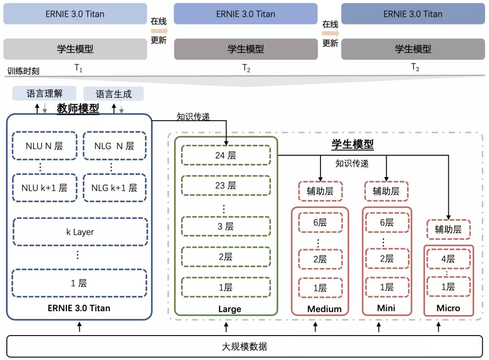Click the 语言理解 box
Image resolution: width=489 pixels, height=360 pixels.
(44, 94)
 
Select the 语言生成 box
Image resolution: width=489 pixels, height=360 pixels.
(114, 94)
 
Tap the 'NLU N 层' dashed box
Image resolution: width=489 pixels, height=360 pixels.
(44, 146)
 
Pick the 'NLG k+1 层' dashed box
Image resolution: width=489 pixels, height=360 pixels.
(114, 187)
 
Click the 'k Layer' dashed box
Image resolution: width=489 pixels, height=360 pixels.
(80, 232)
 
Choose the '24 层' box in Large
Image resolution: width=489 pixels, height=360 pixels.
(226, 155)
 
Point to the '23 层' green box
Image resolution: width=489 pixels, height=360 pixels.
(226, 185)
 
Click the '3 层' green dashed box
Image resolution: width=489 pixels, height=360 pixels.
(226, 226)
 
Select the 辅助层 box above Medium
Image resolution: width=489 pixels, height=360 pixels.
(320, 191)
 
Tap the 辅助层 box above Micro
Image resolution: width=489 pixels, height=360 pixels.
(448, 229)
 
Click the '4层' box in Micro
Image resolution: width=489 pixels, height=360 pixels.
(448, 259)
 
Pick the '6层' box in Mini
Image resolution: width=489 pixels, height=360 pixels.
(386, 222)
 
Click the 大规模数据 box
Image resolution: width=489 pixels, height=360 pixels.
(244, 346)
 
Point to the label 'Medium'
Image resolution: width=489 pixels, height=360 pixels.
(324, 309)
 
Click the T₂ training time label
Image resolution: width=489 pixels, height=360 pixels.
(246, 68)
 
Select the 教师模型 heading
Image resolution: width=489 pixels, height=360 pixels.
(78, 109)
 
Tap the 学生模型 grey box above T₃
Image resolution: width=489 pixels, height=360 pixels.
(413, 49)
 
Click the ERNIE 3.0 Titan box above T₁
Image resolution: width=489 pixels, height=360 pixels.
(75, 14)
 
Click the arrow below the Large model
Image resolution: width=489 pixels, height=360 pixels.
(226, 326)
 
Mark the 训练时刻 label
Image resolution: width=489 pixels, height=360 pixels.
(24, 71)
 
